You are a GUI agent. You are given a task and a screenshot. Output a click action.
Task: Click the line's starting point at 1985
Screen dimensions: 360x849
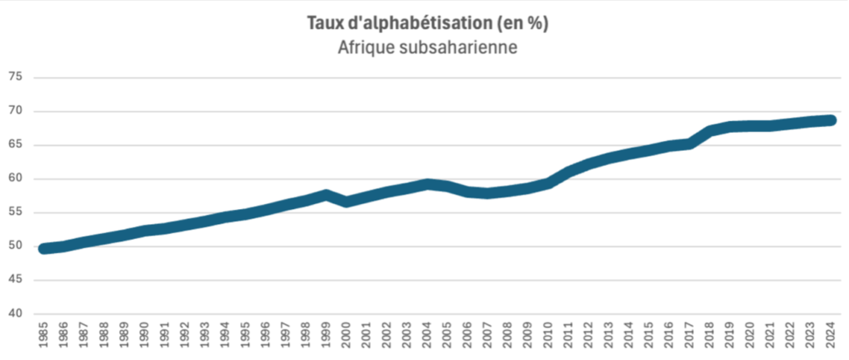point(43,248)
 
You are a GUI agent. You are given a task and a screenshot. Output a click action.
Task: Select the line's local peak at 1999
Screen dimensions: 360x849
point(326,195)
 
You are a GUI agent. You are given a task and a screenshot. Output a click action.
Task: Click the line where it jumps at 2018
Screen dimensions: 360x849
point(710,131)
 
